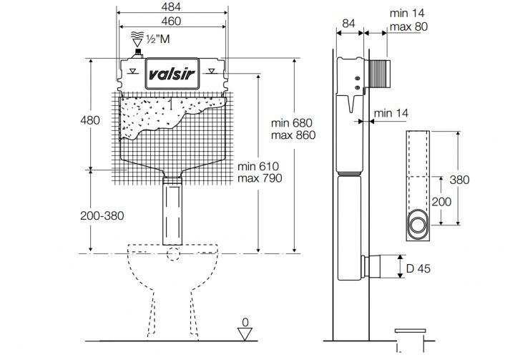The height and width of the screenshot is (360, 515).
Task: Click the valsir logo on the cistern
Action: pyautogui.click(x=172, y=74)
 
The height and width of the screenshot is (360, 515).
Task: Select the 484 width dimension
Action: pyautogui.click(x=171, y=6)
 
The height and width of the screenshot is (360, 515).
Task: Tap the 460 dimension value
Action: pyautogui.click(x=171, y=21)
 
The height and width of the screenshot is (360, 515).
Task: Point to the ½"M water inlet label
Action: pyautogui.click(x=158, y=39)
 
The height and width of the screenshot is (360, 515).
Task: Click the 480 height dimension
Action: pyautogui.click(x=90, y=120)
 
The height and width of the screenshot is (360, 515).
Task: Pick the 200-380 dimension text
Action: pyautogui.click(x=102, y=215)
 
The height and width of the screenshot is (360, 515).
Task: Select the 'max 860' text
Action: pyautogui.click(x=293, y=135)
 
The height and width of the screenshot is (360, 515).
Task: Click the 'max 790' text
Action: pyautogui.click(x=260, y=178)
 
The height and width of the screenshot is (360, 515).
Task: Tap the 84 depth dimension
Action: pyautogui.click(x=349, y=24)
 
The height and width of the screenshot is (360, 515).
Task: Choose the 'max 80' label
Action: pyautogui.click(x=408, y=26)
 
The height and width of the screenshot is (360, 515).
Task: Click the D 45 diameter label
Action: pyautogui.click(x=418, y=268)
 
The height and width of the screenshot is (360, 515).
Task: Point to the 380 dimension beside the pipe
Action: pyautogui.click(x=459, y=180)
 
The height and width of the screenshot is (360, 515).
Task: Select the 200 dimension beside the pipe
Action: pyautogui.click(x=441, y=202)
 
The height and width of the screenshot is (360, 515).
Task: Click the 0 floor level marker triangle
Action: pyautogui.click(x=245, y=334)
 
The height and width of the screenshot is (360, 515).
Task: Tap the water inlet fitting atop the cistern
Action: pyautogui.click(x=138, y=54)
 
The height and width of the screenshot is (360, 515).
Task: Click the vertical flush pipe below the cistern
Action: pyautogui.click(x=172, y=211)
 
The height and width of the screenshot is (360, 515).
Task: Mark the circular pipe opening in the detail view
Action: pyautogui.click(x=418, y=225)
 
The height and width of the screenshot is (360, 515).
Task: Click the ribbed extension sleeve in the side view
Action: pyautogui.click(x=378, y=74)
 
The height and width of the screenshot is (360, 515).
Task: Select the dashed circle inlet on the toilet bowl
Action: pyautogui.click(x=173, y=253)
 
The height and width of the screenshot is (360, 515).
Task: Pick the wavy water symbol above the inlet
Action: pyautogui.click(x=137, y=35)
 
